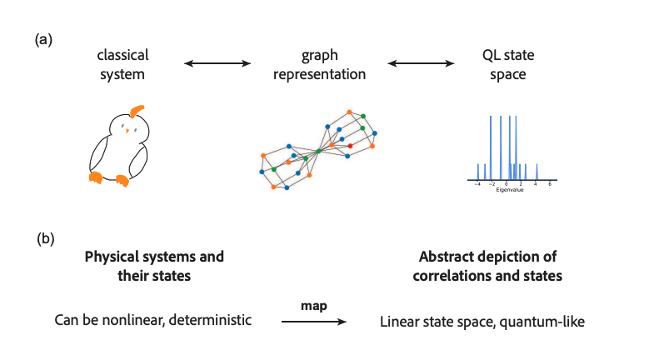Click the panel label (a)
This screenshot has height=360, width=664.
(x=43, y=39)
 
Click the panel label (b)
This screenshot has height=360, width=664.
(x=46, y=238)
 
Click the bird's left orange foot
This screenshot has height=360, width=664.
(x=97, y=176)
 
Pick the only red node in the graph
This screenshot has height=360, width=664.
(x=350, y=145)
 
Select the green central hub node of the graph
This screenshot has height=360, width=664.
(x=319, y=151)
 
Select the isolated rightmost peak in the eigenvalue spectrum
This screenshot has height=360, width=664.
(x=537, y=172)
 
